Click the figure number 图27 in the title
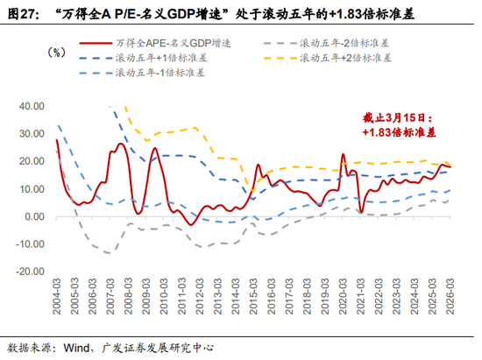click(23, 11)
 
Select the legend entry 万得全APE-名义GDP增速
click(167, 41)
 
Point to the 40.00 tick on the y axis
click(31, 106)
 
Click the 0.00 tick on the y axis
click(34, 216)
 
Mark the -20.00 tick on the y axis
click(30, 272)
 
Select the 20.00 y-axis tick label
click(31, 161)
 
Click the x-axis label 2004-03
click(57, 298)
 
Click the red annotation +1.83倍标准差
click(399, 131)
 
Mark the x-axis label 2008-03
click(129, 298)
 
